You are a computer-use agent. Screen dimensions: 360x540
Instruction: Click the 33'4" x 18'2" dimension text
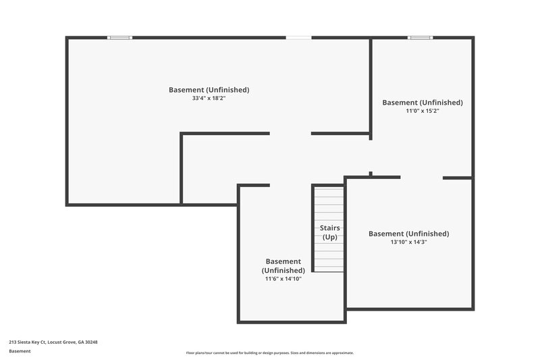point(209,99)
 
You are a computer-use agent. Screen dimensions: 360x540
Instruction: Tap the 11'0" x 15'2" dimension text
point(423,111)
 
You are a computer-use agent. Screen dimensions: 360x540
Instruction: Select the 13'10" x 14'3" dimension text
point(408,242)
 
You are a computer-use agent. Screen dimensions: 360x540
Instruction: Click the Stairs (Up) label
point(329,232)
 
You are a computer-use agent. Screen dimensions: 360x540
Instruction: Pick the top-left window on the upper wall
point(120,38)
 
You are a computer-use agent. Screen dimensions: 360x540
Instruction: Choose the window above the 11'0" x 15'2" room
point(420,38)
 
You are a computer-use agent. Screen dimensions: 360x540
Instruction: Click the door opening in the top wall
point(298,38)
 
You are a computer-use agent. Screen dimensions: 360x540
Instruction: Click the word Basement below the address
point(20,351)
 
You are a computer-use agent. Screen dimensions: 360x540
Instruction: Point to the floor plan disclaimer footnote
point(269,353)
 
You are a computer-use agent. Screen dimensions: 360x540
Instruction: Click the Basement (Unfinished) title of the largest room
point(209,90)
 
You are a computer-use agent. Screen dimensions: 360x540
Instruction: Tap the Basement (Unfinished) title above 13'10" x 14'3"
point(408,234)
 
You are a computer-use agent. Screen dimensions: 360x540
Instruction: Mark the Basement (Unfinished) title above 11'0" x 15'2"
point(423,103)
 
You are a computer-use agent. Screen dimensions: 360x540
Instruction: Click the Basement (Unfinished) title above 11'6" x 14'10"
point(283,265)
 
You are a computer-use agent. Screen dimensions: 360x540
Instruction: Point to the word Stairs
point(329,228)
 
